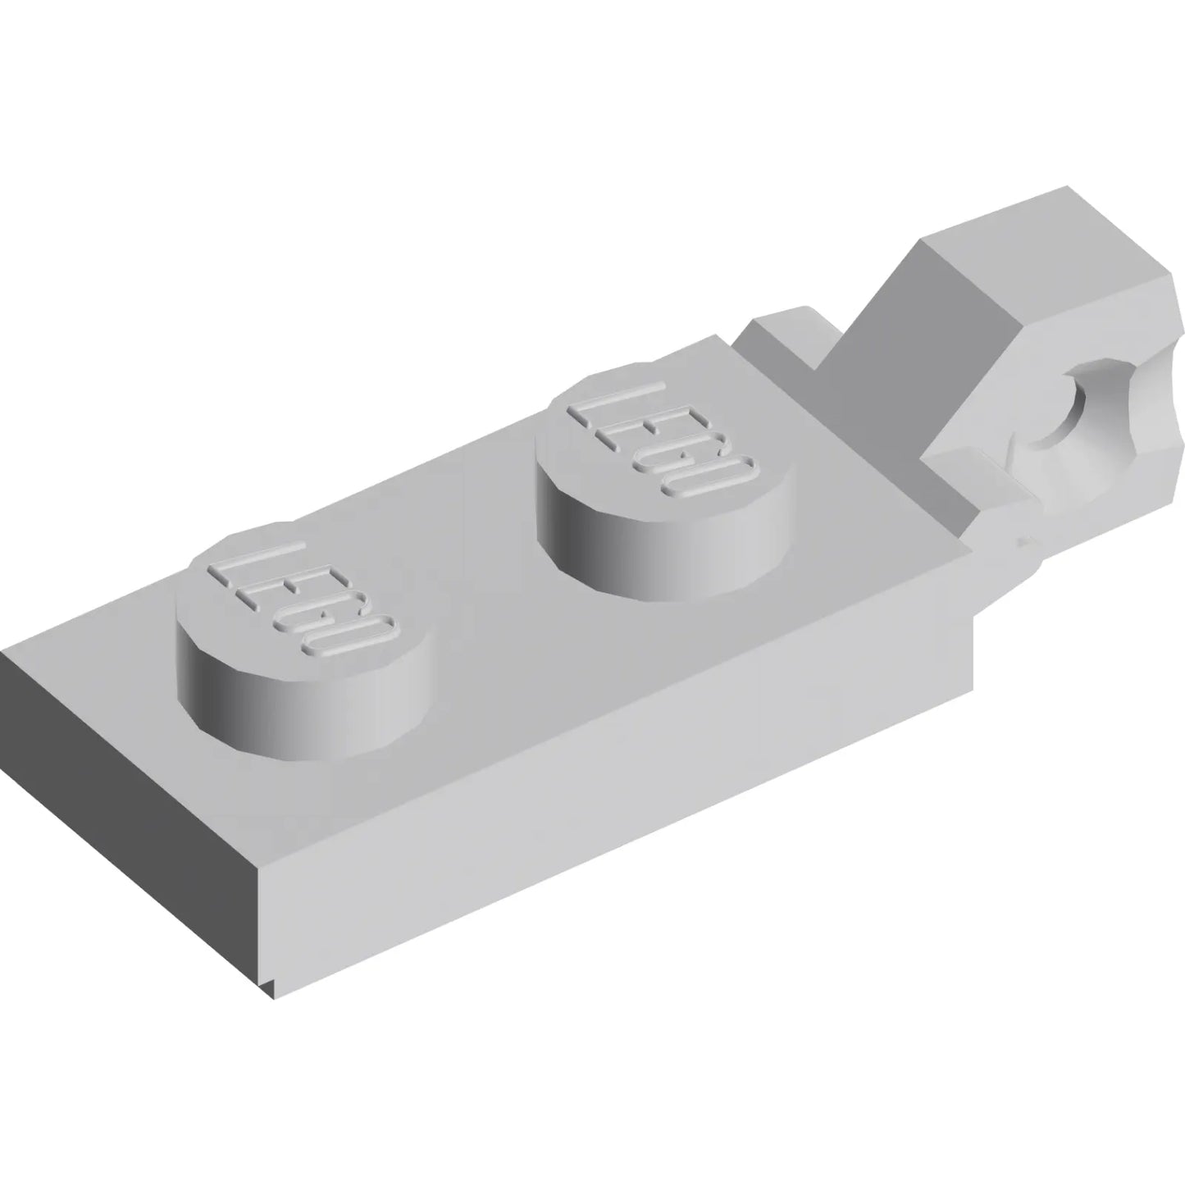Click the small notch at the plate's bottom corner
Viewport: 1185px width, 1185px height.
click(x=270, y=984)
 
